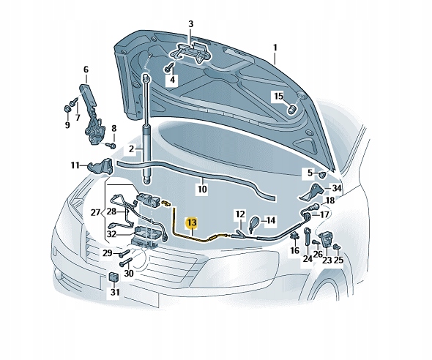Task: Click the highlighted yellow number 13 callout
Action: (x=192, y=222)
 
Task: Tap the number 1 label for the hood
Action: (x=275, y=48)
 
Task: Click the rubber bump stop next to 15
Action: (x=292, y=109)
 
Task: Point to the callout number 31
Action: (x=115, y=292)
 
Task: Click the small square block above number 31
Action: (x=113, y=277)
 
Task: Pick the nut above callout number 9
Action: (x=67, y=109)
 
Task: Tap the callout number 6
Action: (x=86, y=70)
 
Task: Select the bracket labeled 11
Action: (x=100, y=167)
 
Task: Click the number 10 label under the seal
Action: (x=202, y=189)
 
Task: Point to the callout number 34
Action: (x=336, y=188)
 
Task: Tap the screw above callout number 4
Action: (x=169, y=67)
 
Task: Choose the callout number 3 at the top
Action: (x=191, y=24)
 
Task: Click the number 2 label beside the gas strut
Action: (x=131, y=149)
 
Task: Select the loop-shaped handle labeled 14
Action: (x=253, y=222)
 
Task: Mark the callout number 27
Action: (x=95, y=212)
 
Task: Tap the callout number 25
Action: (x=338, y=260)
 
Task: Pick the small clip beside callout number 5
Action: (x=322, y=174)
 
